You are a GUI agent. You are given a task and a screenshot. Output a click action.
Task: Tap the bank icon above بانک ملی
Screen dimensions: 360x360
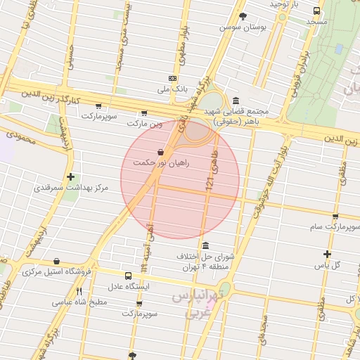coord(173,78)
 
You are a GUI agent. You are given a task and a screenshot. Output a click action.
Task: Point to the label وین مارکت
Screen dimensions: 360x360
coord(145,123)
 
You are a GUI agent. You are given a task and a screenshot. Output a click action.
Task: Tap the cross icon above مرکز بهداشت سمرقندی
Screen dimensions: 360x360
coord(70,177)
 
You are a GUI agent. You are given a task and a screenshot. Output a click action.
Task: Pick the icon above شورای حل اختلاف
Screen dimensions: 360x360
coord(205,245)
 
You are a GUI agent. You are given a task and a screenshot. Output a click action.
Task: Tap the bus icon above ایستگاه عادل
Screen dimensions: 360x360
coord(128,276)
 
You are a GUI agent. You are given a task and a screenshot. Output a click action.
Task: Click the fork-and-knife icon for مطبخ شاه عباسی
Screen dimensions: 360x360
coord(79,291)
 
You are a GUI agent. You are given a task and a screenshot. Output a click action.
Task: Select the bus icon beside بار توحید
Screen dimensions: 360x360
coord(317,11)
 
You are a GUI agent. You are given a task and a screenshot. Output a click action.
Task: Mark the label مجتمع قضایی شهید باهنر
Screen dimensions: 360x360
coord(233,115)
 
